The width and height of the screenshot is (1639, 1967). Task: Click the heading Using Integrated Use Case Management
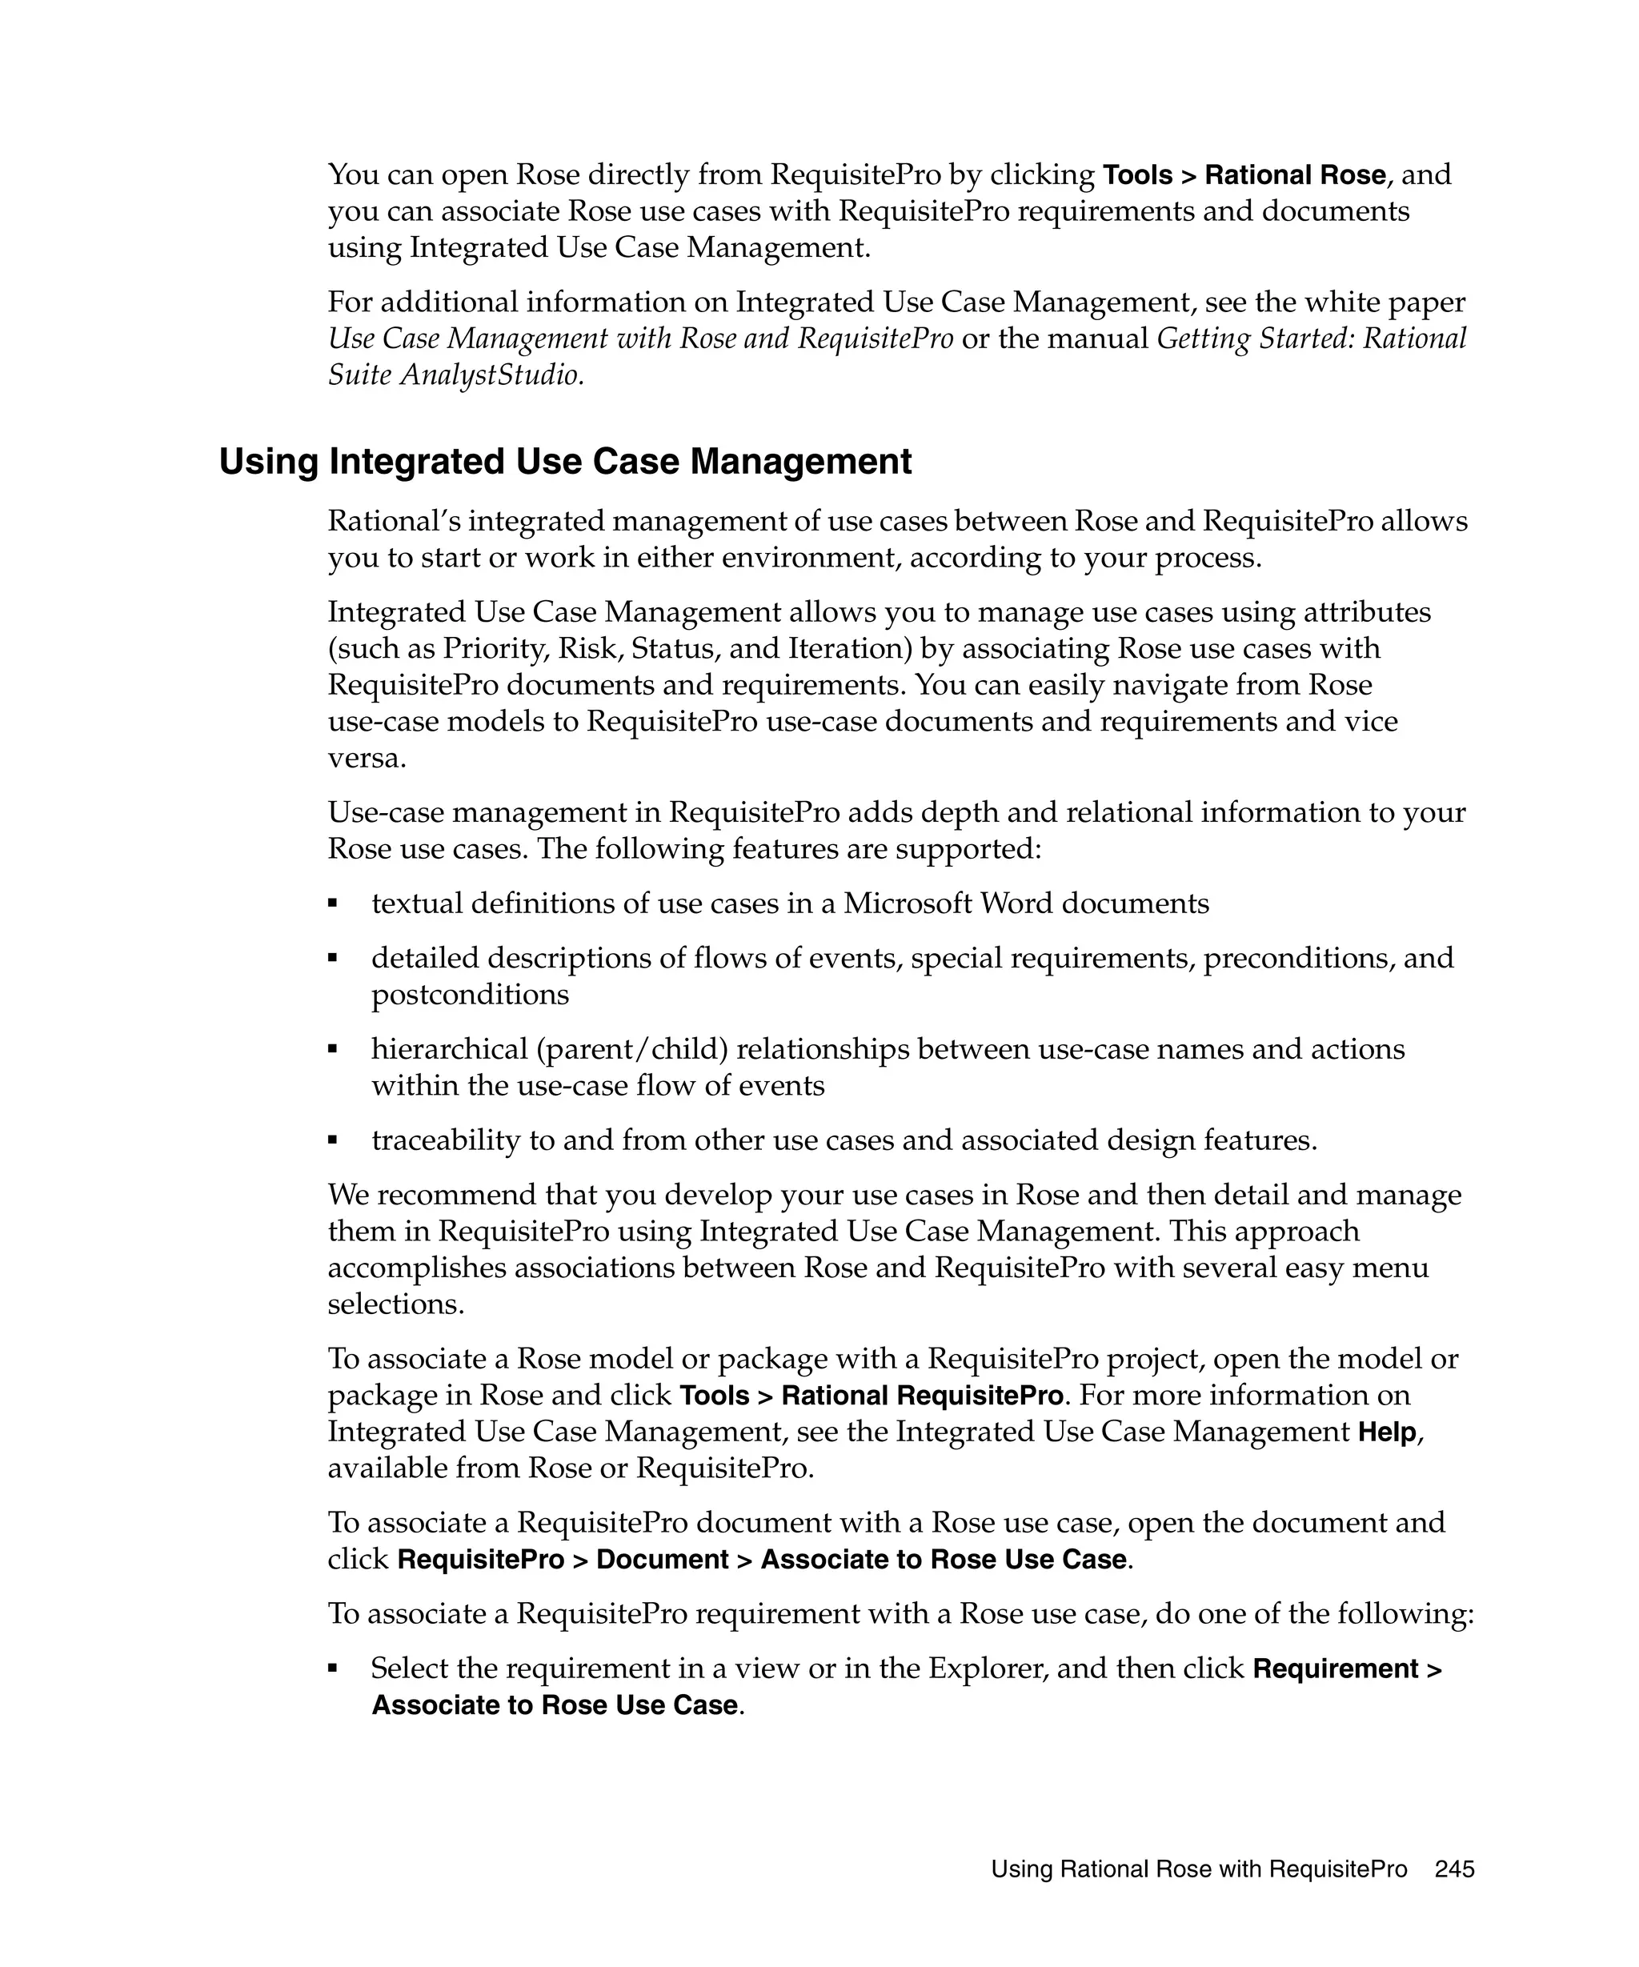click(565, 463)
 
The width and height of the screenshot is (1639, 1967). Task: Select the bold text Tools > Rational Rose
click(1244, 175)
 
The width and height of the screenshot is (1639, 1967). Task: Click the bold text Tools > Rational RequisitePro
click(871, 1396)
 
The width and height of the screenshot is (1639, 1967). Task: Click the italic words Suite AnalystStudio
click(455, 375)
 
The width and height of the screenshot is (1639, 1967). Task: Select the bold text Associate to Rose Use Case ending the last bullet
click(555, 1705)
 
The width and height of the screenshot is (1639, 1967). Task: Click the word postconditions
click(470, 994)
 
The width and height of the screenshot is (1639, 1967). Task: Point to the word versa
click(367, 758)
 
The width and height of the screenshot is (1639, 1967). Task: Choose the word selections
click(395, 1304)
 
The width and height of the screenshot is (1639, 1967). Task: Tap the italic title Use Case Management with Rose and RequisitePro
click(640, 339)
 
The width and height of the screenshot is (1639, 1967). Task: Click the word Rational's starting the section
click(397, 521)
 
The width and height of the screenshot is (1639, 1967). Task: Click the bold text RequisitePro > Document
click(563, 1560)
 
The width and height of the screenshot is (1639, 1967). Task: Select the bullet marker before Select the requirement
click(332, 1669)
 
